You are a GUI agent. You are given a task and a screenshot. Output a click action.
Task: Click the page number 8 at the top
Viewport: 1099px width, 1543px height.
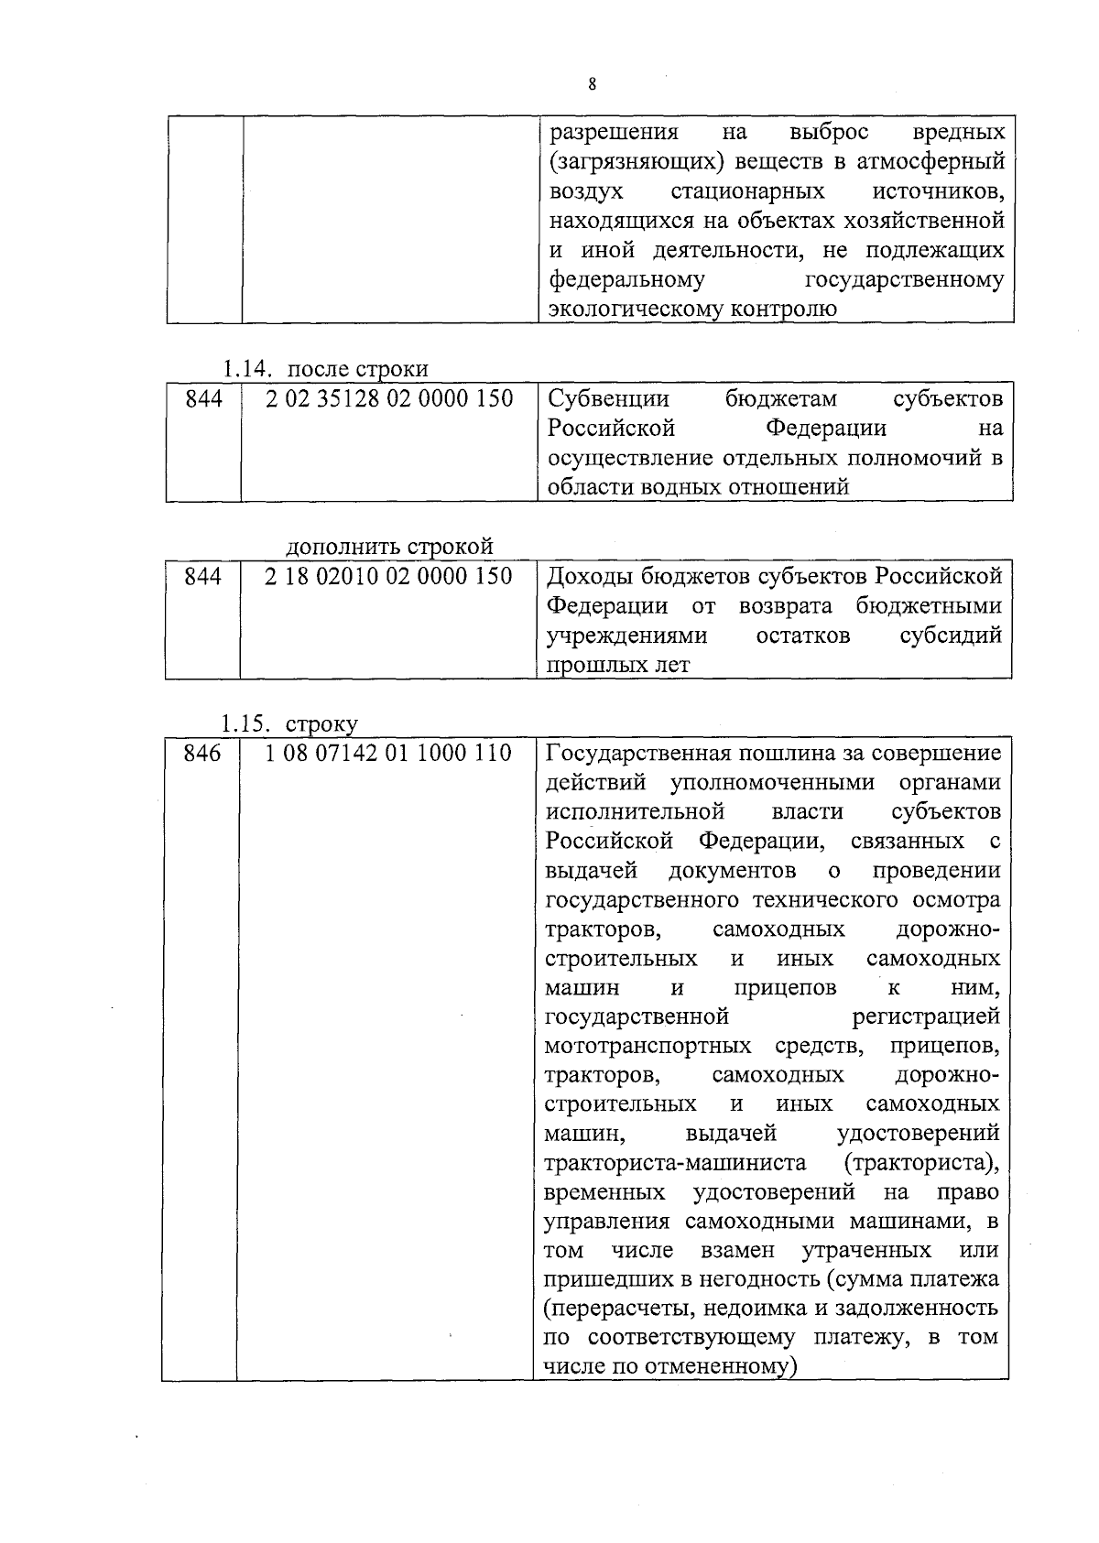click(592, 84)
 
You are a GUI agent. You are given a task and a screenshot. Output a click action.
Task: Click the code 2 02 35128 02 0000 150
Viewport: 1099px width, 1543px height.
click(389, 399)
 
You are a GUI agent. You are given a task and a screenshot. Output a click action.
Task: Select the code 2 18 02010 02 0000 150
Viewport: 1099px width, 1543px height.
click(388, 577)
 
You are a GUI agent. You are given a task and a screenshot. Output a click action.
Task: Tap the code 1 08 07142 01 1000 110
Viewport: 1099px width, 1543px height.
click(387, 754)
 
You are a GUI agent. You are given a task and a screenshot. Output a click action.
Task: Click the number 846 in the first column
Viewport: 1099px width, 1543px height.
click(202, 754)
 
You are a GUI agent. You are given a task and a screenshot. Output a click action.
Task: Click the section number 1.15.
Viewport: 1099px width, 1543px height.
click(245, 723)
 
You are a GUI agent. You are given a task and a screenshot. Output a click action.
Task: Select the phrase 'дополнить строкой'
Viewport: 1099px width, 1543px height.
click(389, 547)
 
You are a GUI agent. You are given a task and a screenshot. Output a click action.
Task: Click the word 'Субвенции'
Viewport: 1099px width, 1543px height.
click(608, 399)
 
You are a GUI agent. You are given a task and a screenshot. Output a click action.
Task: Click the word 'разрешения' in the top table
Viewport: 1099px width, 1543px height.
click(614, 133)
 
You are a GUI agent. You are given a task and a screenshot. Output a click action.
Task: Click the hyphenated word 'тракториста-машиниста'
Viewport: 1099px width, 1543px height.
click(675, 1163)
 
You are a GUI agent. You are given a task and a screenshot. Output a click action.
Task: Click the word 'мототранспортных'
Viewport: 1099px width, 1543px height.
click(647, 1046)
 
